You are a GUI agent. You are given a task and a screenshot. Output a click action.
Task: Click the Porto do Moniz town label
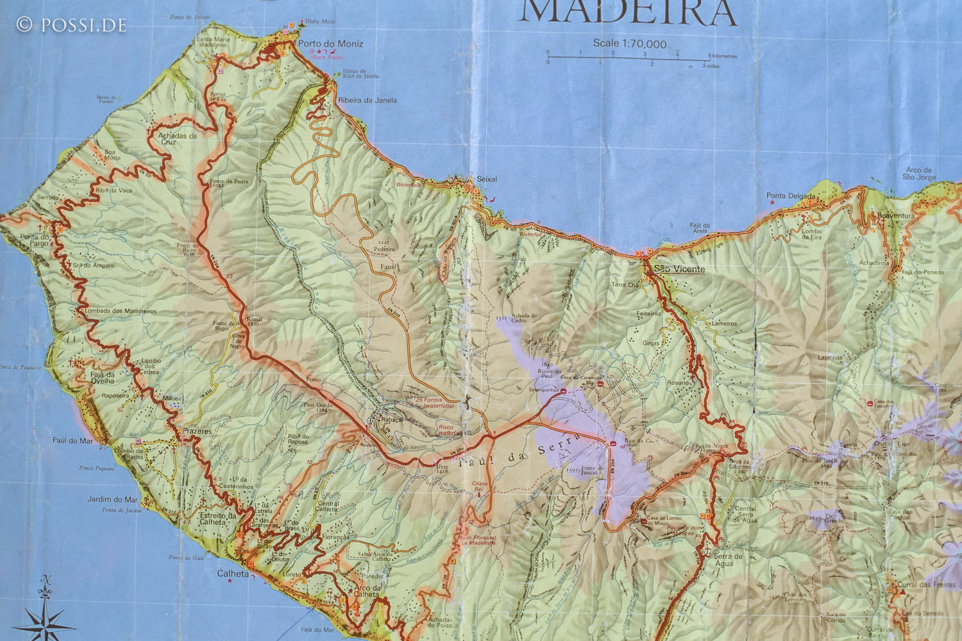coord(330,44)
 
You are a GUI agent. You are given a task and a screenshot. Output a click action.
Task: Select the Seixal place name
coord(487,180)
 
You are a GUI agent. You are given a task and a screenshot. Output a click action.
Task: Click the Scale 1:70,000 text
coord(629,44)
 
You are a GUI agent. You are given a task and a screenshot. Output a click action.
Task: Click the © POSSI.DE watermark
coord(71,25)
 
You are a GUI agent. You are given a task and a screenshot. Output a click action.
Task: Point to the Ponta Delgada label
coord(791,196)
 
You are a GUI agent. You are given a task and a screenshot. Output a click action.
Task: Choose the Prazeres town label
coord(197,431)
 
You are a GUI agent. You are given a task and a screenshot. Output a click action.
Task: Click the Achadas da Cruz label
coord(177,139)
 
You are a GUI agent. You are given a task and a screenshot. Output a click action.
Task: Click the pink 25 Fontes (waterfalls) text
coord(435,403)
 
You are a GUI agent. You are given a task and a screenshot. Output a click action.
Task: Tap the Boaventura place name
coord(896,216)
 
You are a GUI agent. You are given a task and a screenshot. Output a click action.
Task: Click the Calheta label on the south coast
coord(233,574)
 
